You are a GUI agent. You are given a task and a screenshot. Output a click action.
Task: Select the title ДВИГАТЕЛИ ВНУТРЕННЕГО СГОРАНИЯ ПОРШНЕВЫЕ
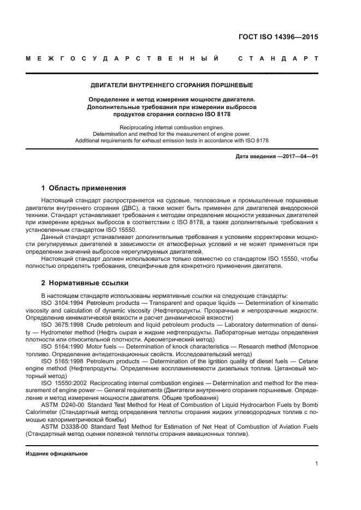(x=171, y=86)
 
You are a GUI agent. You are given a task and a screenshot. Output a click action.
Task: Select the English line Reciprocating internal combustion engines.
(x=171, y=127)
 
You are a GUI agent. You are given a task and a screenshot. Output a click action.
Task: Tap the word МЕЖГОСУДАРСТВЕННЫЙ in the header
(x=123, y=59)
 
